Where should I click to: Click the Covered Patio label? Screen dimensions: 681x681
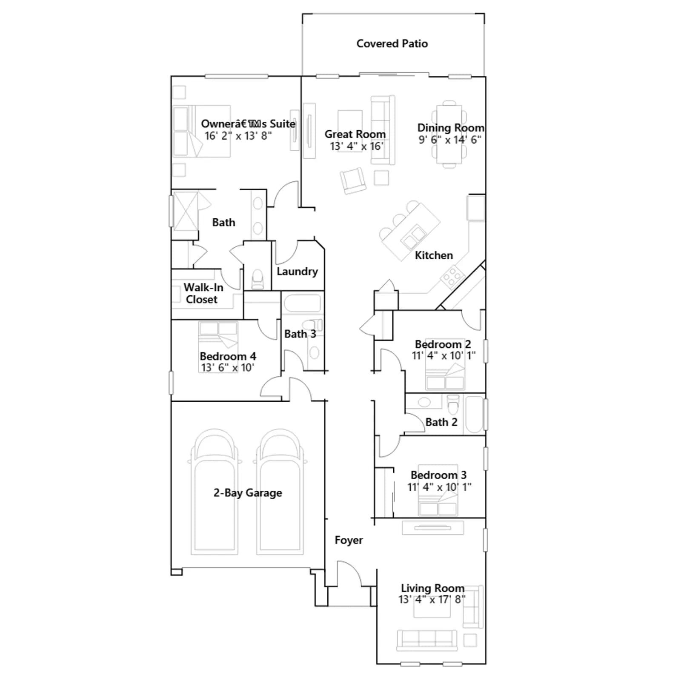392,43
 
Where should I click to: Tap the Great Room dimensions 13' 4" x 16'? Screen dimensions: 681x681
357,146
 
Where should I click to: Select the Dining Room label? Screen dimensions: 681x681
451,128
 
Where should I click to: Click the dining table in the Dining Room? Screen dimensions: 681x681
449,134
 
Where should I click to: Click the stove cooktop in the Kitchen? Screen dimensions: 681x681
452,276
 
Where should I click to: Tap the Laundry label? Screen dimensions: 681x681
297,272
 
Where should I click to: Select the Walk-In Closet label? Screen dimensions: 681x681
203,293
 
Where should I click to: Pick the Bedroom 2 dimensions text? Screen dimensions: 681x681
444,355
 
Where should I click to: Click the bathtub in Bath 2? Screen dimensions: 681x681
474,415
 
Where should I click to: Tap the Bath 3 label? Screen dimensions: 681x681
300,334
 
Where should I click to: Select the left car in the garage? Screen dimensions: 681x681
215,492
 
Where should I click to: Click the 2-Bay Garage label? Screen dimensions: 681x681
248,493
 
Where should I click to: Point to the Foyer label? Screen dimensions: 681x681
349,540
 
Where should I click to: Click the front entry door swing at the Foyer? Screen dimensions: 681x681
353,569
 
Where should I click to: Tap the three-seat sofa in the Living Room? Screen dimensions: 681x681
427,640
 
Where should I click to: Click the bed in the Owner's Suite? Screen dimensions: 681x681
202,132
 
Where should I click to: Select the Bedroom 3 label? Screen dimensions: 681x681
438,475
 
